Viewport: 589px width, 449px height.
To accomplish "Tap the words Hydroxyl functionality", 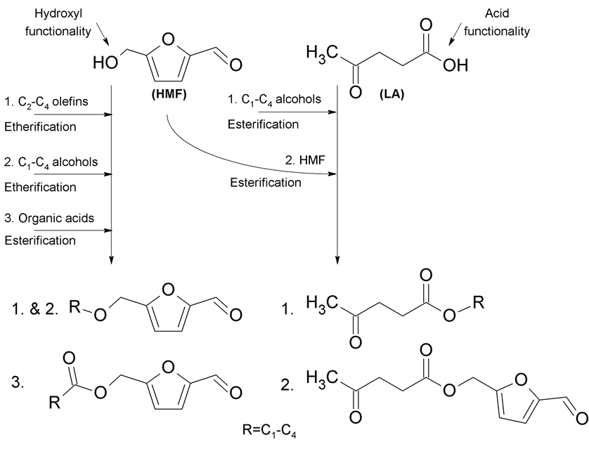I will [50, 21].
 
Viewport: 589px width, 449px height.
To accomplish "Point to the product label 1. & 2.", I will [31, 307].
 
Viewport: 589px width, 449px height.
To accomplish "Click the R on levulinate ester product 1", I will [479, 304].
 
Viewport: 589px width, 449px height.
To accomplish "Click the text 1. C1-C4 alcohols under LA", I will [278, 99].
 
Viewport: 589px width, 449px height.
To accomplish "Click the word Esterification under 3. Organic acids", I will [39, 240].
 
